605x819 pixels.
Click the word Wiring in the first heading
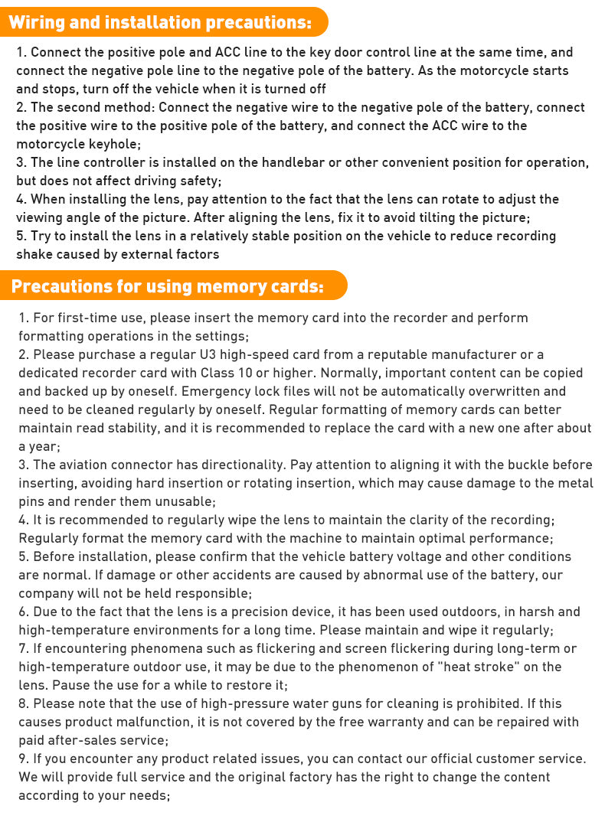(35, 22)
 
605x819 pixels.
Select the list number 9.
(24, 759)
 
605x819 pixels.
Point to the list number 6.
(24, 612)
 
